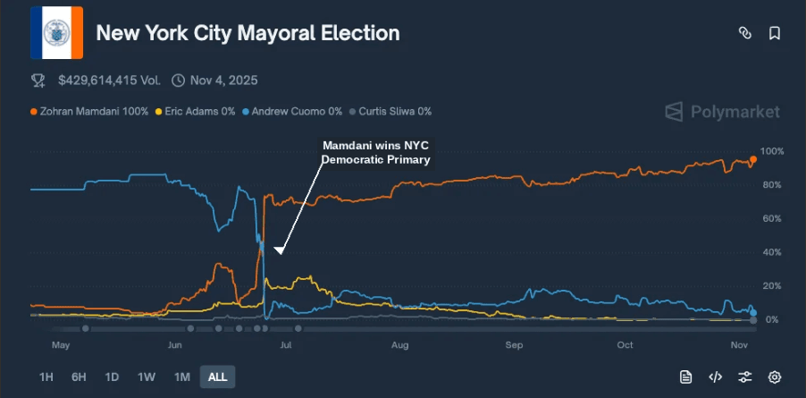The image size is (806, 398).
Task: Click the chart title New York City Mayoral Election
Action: [x=248, y=33]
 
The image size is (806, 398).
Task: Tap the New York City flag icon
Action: [x=56, y=33]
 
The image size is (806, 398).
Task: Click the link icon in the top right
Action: [x=744, y=33]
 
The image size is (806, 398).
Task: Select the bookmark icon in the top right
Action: [x=775, y=33]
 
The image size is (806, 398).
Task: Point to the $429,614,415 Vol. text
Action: [x=109, y=80]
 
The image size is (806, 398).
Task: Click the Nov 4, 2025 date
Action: [x=223, y=80]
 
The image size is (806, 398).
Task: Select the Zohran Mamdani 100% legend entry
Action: [x=89, y=112]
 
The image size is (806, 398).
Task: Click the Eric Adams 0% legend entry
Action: [x=198, y=112]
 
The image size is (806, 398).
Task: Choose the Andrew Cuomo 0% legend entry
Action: [x=296, y=112]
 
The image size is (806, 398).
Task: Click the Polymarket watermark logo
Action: [x=722, y=112]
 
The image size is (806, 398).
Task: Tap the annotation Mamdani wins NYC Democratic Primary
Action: [x=375, y=152]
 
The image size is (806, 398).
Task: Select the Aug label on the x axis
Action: [x=399, y=344]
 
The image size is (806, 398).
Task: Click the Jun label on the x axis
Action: [x=174, y=344]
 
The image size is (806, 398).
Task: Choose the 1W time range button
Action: [x=146, y=377]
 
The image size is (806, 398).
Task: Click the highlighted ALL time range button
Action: [x=217, y=377]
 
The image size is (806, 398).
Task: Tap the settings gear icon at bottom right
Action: [x=775, y=377]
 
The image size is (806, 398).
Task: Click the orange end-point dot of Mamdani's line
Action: [x=753, y=159]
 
